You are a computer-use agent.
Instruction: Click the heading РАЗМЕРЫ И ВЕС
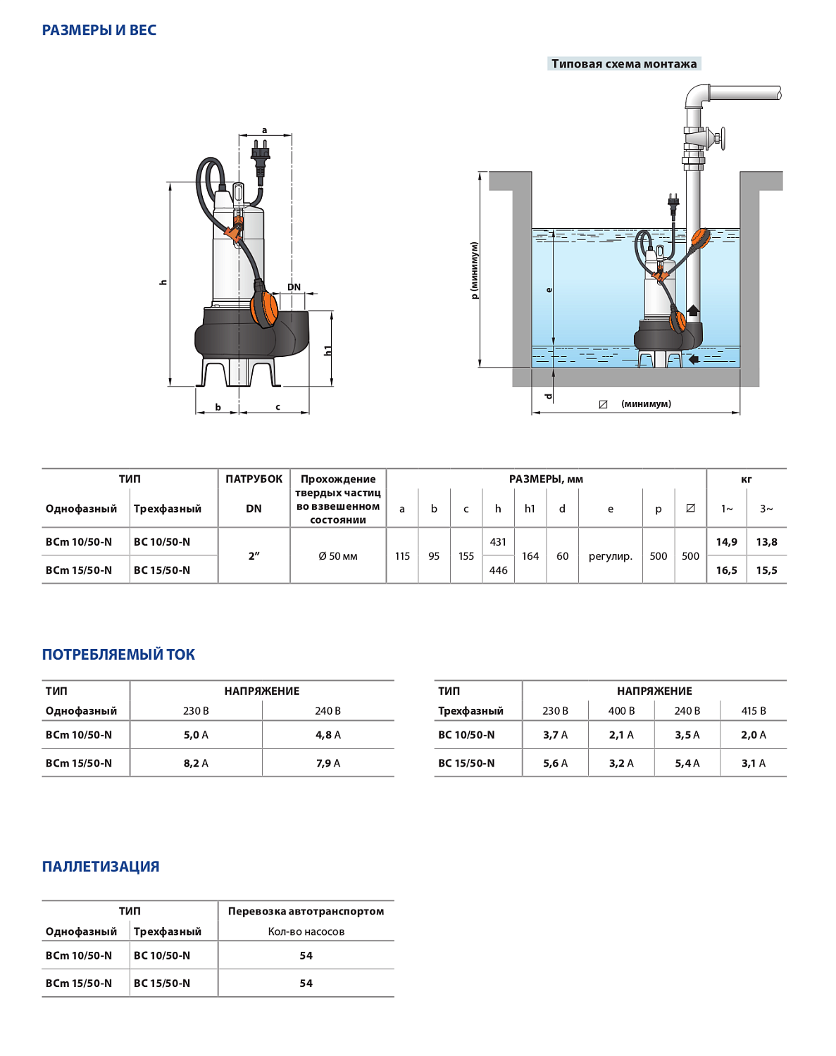99,30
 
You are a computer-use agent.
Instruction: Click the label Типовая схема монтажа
624,64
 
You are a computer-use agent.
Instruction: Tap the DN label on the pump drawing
294,287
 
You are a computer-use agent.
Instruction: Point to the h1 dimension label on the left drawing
327,350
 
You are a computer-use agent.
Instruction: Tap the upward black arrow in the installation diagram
693,310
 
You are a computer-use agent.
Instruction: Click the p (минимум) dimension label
475,270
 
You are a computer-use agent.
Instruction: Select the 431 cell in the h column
498,542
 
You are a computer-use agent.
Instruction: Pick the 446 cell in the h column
498,570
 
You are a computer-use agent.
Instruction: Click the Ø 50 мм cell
338,556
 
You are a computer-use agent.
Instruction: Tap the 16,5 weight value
726,570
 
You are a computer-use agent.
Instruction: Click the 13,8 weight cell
766,542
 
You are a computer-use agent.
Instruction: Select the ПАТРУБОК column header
254,479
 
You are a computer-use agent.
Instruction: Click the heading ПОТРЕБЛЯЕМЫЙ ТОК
118,655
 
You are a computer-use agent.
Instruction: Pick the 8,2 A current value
196,763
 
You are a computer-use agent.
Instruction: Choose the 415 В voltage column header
753,711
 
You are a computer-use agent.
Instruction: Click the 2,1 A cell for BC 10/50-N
621,735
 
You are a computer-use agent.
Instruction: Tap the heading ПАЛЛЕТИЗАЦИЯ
101,867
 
